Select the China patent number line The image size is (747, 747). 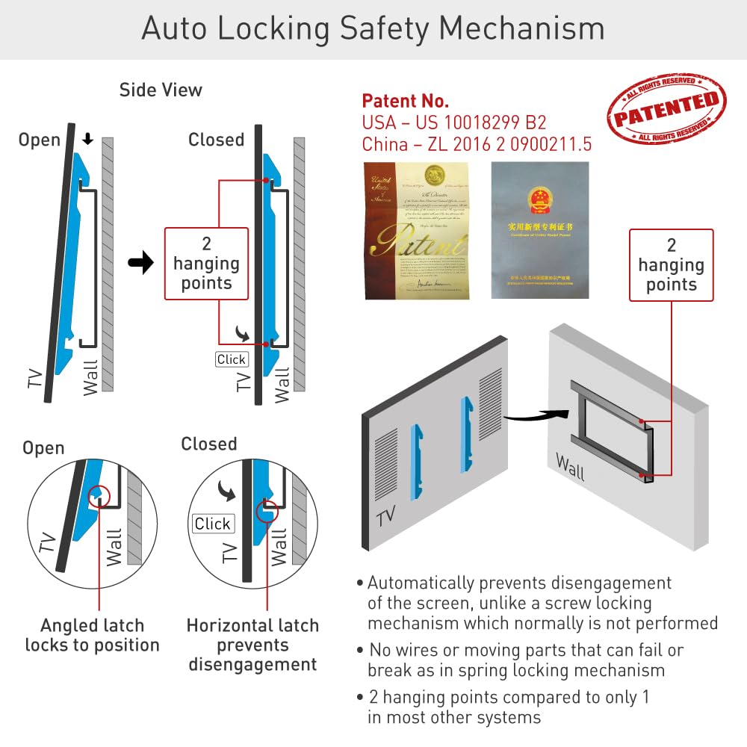pyautogui.click(x=477, y=143)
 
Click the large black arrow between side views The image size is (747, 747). pyautogui.click(x=140, y=264)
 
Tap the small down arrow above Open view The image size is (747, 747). pyautogui.click(x=87, y=140)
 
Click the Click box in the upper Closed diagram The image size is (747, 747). pyautogui.click(x=231, y=359)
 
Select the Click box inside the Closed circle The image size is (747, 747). pyautogui.click(x=213, y=524)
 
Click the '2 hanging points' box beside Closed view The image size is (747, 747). pyautogui.click(x=206, y=264)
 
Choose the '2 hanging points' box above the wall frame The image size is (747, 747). pyautogui.click(x=671, y=265)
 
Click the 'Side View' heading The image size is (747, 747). pyautogui.click(x=161, y=90)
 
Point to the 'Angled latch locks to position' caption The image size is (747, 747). pyautogui.click(x=92, y=635)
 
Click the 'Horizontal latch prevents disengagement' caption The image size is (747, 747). pyautogui.click(x=252, y=645)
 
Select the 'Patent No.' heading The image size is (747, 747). pyautogui.click(x=405, y=101)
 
